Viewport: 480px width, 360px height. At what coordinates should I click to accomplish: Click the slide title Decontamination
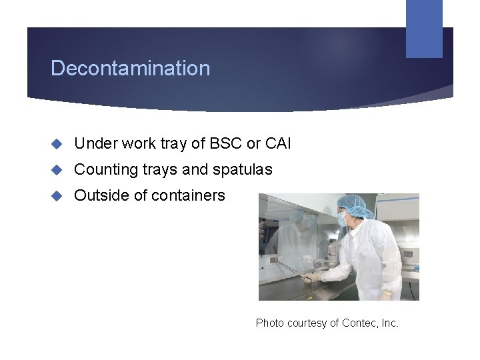(130, 68)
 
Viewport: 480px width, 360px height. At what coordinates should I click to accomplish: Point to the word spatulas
(242, 170)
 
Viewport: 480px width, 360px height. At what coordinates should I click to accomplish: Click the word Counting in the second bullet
(101, 169)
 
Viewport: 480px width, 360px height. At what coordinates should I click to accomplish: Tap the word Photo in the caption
(270, 323)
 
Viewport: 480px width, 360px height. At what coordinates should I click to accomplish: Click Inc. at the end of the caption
(389, 323)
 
